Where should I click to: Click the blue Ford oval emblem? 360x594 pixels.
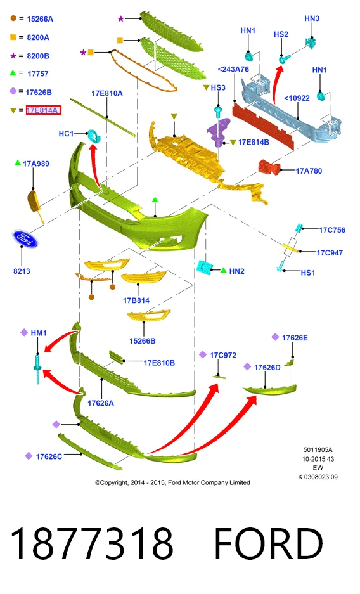coord(25,238)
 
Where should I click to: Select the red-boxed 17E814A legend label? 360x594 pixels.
coord(42,110)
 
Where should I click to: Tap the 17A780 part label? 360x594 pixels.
coord(309,171)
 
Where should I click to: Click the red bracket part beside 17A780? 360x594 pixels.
coord(269,167)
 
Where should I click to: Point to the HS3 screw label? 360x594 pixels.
coord(218,87)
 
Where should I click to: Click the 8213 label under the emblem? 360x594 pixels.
coord(22,271)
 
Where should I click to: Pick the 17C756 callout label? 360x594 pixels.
coord(332,230)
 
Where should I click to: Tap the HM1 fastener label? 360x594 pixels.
coord(39,333)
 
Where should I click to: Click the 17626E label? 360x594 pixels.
coord(295,337)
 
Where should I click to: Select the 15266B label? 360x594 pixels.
coord(143,341)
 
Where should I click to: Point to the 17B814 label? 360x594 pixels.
coord(136,300)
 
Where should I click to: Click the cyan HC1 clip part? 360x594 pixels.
coord(93,135)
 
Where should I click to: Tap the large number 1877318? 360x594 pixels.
coord(92,543)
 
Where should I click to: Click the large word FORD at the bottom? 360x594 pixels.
coord(268,543)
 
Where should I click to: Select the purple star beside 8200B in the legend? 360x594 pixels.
coord(13,56)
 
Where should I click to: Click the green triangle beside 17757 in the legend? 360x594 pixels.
coord(13,73)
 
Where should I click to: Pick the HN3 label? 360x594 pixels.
coord(312,18)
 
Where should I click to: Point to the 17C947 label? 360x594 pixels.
coord(330,253)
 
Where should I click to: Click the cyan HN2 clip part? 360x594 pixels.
coord(205,268)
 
